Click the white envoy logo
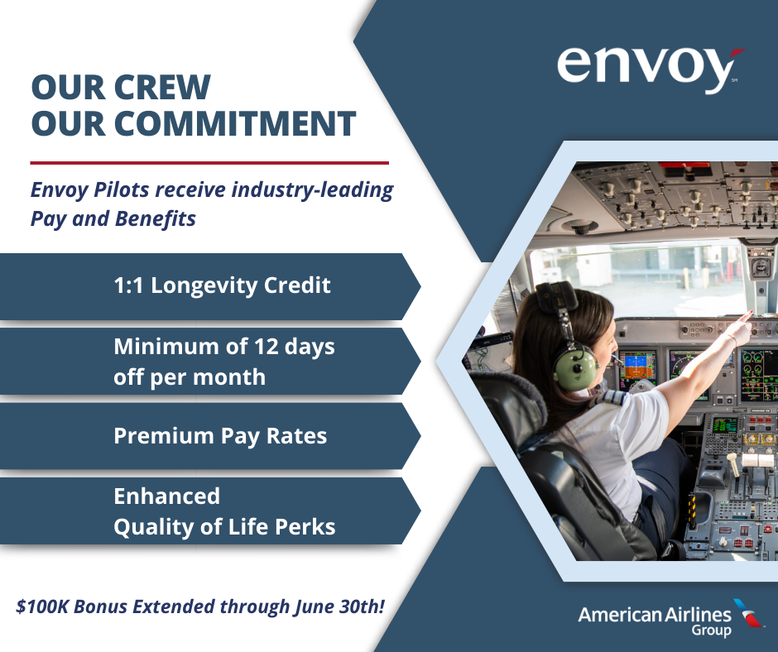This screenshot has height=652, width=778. pos(650,70)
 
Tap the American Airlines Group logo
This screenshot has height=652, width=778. pos(671,618)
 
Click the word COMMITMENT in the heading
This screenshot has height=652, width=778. pos(236,123)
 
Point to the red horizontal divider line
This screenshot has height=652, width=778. pos(209,162)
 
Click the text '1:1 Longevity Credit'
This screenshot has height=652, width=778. pos(222,285)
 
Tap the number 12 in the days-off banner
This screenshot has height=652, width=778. pos(267,347)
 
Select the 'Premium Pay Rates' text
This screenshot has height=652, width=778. pos(220,436)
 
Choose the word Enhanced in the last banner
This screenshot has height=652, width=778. pos(166,496)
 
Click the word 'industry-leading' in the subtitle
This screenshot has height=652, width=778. pos(312,190)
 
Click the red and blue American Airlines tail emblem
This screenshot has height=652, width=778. pos(750,612)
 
